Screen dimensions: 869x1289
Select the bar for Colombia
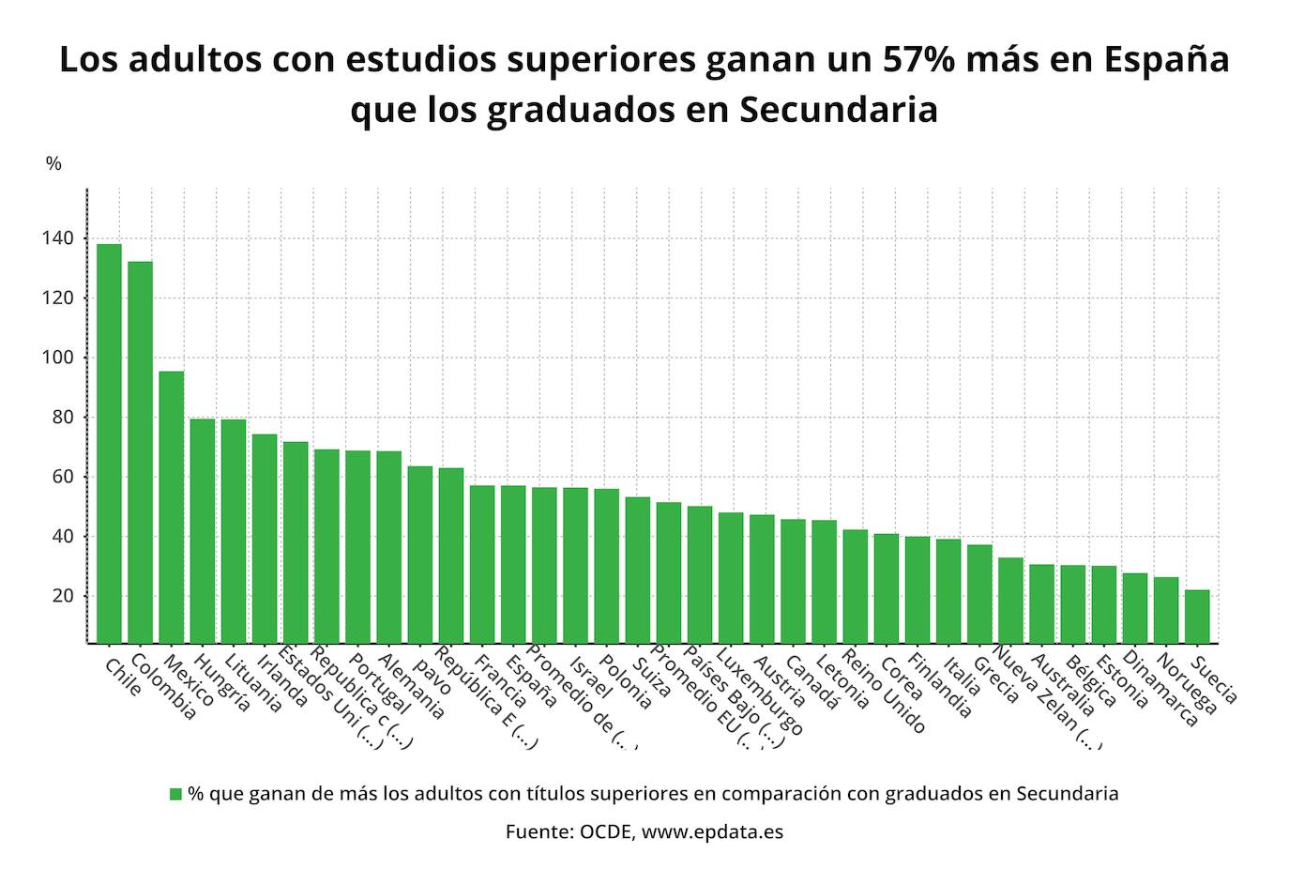140,451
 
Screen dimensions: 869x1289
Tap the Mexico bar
171,507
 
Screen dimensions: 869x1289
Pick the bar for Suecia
1197,616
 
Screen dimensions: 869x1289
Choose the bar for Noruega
1166,610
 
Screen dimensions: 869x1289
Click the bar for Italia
948,590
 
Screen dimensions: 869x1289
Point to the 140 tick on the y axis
55,238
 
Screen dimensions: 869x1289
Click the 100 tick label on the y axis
55,358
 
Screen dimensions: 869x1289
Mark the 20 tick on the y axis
59,596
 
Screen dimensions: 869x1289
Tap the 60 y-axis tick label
59,477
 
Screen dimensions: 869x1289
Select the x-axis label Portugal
379,685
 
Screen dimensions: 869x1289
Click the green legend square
175,794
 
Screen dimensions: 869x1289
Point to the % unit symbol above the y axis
53,164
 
